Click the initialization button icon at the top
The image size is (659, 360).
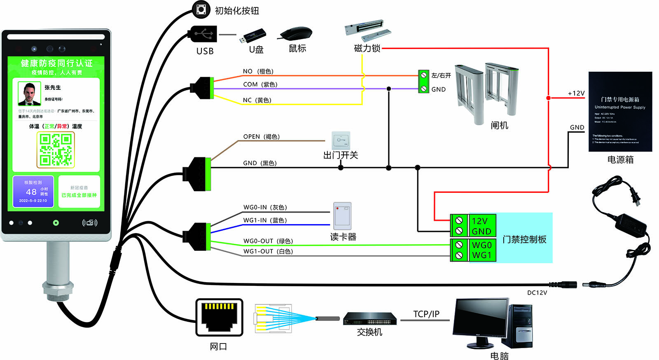(201, 9)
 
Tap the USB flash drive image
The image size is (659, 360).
(252, 36)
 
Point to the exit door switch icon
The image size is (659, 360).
(341, 140)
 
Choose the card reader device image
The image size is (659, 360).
(342, 216)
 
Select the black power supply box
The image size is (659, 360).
(620, 112)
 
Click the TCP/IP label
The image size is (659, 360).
(426, 314)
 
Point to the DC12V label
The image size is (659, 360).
(537, 292)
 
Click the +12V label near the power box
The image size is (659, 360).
(576, 94)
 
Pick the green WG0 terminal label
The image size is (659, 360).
(481, 245)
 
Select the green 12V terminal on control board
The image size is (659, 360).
(479, 221)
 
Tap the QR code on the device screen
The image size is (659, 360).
(56, 150)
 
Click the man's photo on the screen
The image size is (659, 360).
(29, 94)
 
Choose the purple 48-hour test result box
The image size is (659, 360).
(33, 192)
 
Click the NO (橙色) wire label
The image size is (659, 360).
(258, 71)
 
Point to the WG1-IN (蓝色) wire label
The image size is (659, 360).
(265, 220)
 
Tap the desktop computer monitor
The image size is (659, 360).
(481, 319)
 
